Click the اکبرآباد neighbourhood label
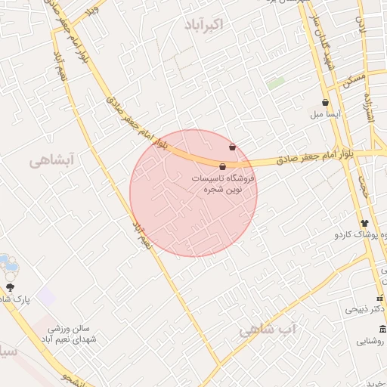pyautogui.click(x=203, y=25)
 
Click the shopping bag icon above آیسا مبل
pyautogui.click(x=325, y=103)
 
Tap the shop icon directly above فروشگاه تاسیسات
pyautogui.click(x=223, y=166)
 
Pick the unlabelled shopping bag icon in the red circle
pyautogui.click(x=231, y=147)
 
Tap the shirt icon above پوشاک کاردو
pyautogui.click(x=364, y=223)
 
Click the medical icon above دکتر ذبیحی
pyautogui.click(x=380, y=298)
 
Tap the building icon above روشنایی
pyautogui.click(x=382, y=329)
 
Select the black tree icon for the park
pyautogui.click(x=11, y=286)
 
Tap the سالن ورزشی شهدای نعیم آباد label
pyautogui.click(x=71, y=334)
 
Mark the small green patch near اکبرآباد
pyautogui.click(x=276, y=83)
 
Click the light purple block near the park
pyautogui.click(x=47, y=296)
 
